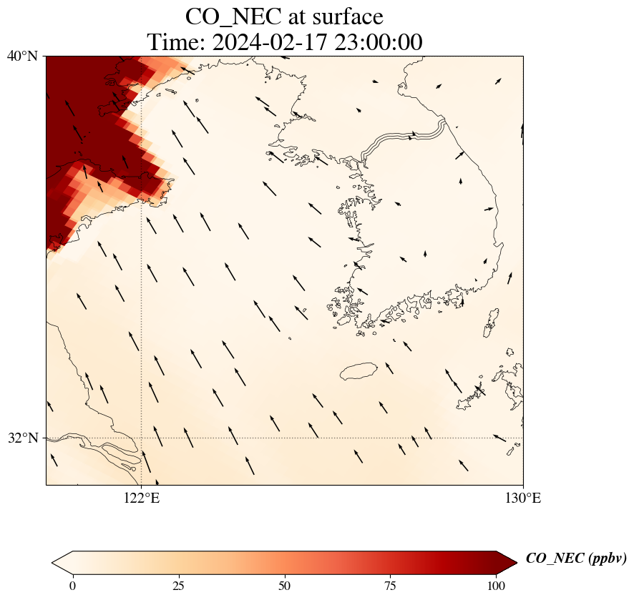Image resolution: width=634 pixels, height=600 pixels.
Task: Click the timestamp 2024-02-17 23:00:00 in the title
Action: (316, 42)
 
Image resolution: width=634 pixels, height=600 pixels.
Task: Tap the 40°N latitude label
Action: (23, 56)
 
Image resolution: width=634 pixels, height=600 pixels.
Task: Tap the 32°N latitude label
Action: (23, 438)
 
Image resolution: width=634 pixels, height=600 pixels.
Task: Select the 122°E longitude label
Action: (141, 498)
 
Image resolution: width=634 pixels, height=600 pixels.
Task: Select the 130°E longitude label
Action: (523, 498)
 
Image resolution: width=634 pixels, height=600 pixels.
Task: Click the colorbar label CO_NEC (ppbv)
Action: (576, 559)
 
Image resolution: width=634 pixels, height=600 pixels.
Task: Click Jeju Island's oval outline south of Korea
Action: (358, 372)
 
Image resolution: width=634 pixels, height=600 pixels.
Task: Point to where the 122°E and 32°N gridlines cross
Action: (141, 438)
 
